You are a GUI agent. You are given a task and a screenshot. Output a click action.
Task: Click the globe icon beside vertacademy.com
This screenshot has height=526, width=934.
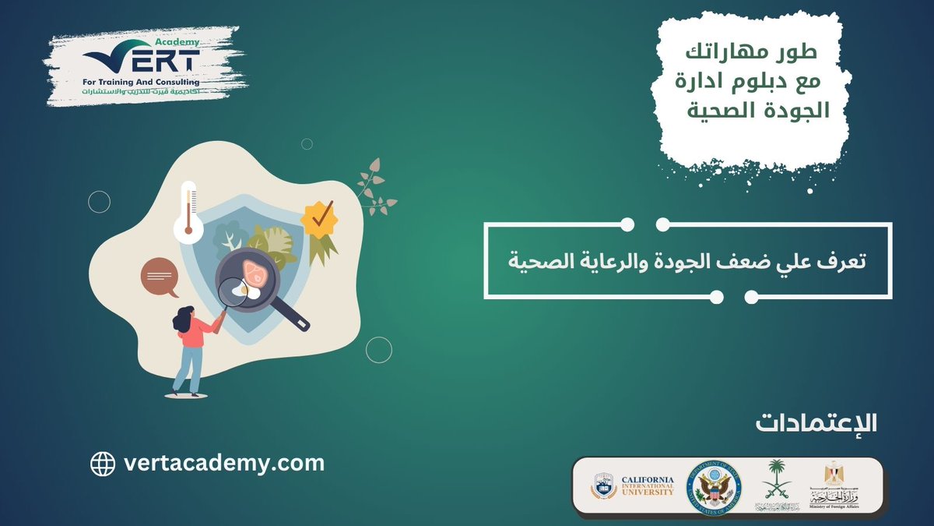[x=103, y=464]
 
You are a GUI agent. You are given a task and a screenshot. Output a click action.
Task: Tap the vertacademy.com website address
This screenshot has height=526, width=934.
[x=224, y=463]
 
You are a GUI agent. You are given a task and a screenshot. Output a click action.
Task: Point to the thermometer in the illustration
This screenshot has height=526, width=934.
[x=188, y=210]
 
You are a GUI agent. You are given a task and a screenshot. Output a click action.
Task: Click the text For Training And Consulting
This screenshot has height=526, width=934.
[x=141, y=81]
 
